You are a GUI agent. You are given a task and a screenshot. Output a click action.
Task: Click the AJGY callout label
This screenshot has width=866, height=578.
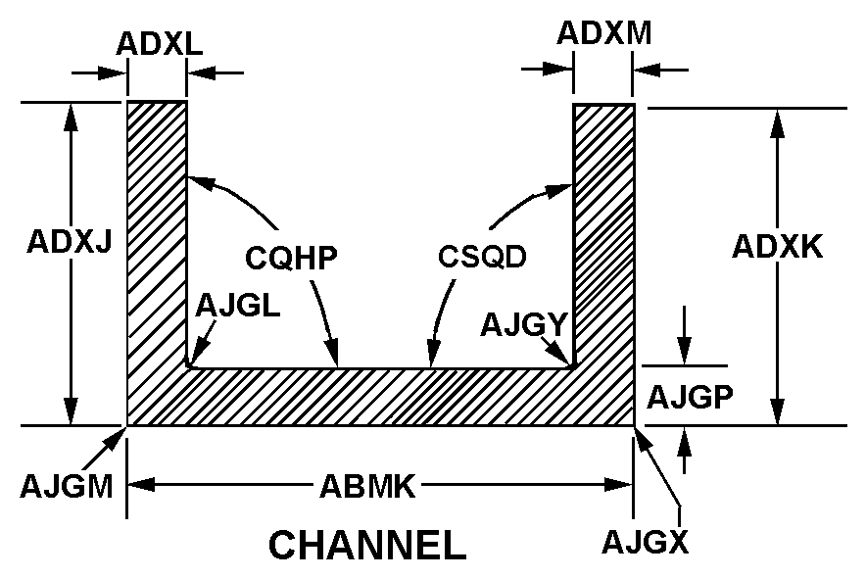[524, 324]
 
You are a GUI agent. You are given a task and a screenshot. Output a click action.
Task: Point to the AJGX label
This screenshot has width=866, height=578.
[646, 540]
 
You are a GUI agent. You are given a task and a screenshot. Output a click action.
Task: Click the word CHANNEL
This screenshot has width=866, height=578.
[367, 546]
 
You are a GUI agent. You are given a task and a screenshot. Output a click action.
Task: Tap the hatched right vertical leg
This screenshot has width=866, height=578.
[603, 235]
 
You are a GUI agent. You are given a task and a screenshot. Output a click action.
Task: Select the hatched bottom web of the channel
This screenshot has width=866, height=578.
[382, 398]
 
